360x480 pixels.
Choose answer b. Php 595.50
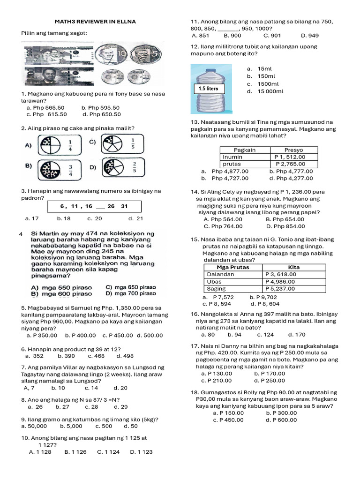coord(100,107)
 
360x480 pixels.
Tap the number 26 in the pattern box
coord(111,206)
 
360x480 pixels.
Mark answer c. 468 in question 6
coord(97,356)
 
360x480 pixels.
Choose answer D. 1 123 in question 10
coord(141,452)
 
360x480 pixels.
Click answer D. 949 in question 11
coord(309,35)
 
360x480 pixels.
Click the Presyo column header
coord(293,150)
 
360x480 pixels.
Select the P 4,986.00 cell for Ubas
coord(280,282)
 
